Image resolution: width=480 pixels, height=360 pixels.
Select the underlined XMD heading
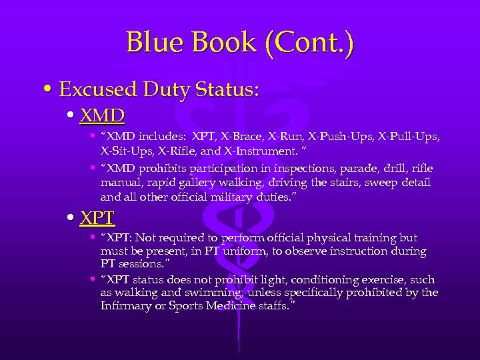point(102,117)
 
